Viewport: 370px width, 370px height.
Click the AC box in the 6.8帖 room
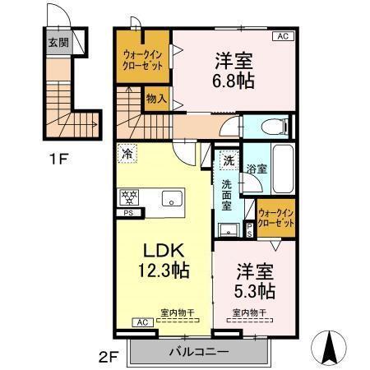click(x=282, y=36)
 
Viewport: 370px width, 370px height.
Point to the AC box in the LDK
click(x=141, y=322)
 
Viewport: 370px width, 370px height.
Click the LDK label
click(x=164, y=250)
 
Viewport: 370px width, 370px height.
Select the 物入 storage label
click(x=156, y=99)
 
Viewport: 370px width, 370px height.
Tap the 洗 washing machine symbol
click(x=229, y=160)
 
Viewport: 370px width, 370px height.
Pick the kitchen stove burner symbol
click(x=128, y=197)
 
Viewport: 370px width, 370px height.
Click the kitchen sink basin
click(x=170, y=198)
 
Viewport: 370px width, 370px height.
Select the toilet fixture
click(x=275, y=127)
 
